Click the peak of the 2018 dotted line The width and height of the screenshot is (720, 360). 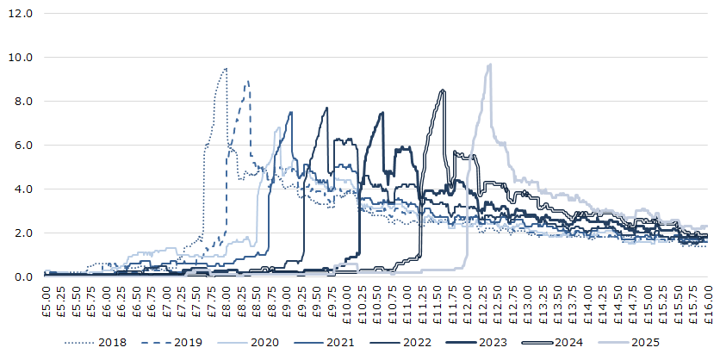pos(226,68)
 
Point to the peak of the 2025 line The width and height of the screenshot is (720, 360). pos(489,64)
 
